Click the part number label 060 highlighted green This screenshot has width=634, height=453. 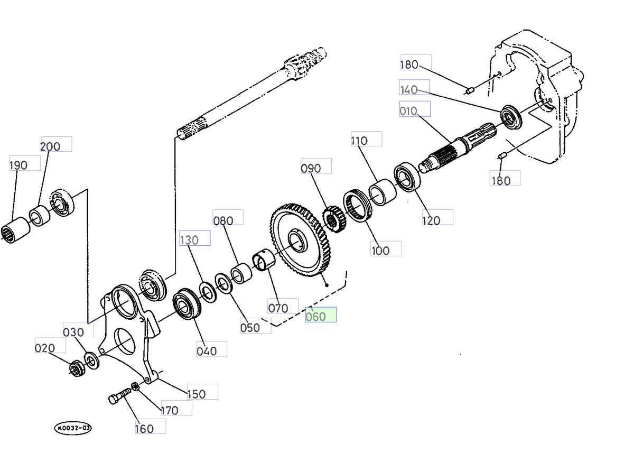point(320,315)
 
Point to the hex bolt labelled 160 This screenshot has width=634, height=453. point(121,396)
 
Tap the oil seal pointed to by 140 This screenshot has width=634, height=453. point(511,116)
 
